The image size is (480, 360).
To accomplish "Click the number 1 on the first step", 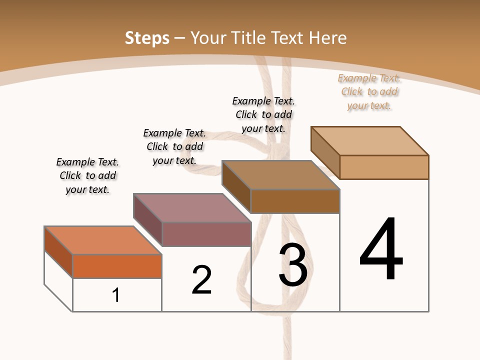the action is coord(116,295).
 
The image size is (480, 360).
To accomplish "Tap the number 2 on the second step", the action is coord(201,280).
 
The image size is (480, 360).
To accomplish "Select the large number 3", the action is coord(293,265).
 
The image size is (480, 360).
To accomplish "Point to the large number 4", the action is coord(381,249).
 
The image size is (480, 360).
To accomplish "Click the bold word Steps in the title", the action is coord(147,38).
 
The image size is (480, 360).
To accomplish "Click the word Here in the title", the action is coord(328,38).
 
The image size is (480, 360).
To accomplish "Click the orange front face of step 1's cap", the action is coord(117,266).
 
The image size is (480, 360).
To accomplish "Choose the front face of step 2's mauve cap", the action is coord(206,234).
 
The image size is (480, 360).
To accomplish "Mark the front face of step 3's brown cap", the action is coord(295,201).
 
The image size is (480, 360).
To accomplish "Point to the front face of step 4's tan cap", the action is coord(384,167).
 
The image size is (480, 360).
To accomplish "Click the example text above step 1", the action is coord(87,175).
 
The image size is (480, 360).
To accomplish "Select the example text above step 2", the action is coord(174,146).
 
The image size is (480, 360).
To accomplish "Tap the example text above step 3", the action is coord(263,114).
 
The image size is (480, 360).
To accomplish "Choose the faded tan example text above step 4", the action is coord(369,91).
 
